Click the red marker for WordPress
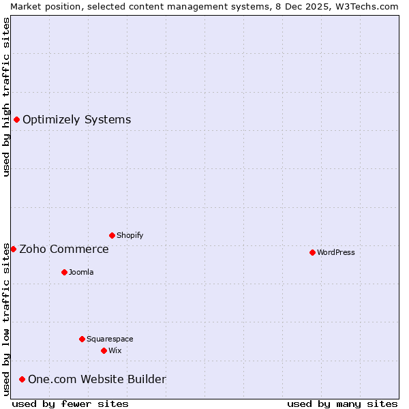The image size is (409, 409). (x=312, y=252)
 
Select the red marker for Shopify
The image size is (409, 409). (x=112, y=235)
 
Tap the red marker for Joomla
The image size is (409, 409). (x=64, y=272)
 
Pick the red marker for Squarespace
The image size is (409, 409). (x=82, y=339)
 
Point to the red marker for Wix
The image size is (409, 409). (x=104, y=350)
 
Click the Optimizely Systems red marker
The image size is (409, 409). (x=16, y=120)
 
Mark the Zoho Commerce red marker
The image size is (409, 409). (x=13, y=249)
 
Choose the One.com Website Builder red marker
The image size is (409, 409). (x=22, y=379)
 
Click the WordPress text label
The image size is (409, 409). (x=336, y=252)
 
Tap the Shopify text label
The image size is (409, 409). (x=130, y=235)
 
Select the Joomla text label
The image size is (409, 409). (x=81, y=272)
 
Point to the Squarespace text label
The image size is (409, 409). (x=110, y=339)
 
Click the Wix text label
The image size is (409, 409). (x=115, y=350)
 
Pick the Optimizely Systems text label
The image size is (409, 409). (x=76, y=120)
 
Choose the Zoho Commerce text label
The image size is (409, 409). (x=64, y=249)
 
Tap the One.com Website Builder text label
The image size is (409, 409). (x=97, y=379)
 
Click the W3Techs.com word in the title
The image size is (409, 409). (x=370, y=6)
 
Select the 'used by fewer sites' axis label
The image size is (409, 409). (x=70, y=404)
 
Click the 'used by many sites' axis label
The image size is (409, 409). (x=342, y=404)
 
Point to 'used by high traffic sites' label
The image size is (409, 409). (x=6, y=97)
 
